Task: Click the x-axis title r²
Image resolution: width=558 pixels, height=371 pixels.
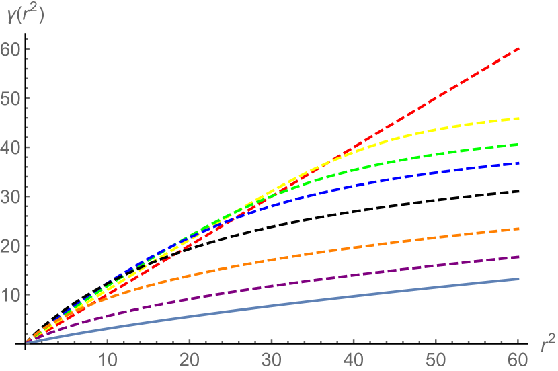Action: click(x=547, y=345)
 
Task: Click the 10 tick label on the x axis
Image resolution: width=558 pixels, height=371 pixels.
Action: click(x=108, y=358)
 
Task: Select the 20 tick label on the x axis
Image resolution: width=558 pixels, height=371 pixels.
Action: click(x=190, y=358)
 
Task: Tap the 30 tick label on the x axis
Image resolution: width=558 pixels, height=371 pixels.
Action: click(x=272, y=358)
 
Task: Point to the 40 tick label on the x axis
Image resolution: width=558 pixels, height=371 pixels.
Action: click(x=354, y=358)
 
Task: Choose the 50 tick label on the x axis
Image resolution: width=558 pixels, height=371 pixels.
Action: click(x=436, y=358)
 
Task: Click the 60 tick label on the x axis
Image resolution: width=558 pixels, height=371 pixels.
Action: click(x=518, y=358)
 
